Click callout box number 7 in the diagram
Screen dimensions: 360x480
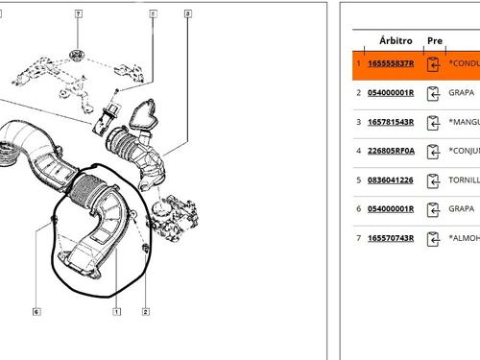[x=79, y=14]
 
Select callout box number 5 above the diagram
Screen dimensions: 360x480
[x=153, y=14]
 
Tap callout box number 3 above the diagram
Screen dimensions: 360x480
[x=187, y=14]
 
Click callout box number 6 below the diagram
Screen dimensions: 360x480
[x=36, y=311]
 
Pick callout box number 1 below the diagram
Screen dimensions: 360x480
[x=116, y=311]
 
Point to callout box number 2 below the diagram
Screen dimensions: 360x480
[x=146, y=311]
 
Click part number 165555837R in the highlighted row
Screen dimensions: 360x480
[x=391, y=64]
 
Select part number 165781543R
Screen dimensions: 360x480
[x=391, y=122]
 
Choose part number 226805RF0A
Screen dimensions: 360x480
[x=391, y=151]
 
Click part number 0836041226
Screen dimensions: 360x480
[x=391, y=180]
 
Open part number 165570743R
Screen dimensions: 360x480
[x=391, y=237]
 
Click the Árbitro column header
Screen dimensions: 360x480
[x=396, y=41]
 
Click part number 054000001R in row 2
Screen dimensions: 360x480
[x=391, y=93]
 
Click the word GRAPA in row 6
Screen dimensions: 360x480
[x=462, y=208]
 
